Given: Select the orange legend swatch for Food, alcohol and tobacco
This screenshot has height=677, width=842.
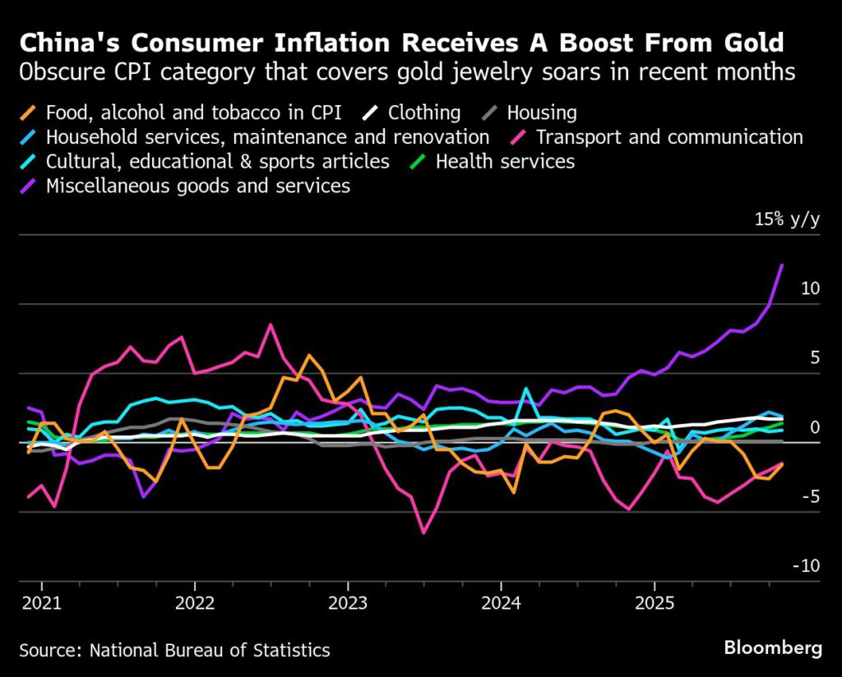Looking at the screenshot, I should click(x=30, y=113).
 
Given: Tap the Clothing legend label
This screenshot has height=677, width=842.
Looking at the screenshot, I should click(x=424, y=113).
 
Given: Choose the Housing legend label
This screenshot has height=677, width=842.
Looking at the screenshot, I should click(x=542, y=113).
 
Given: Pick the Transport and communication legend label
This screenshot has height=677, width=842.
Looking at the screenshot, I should click(x=669, y=137).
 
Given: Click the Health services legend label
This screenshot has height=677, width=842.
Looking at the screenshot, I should click(x=505, y=161).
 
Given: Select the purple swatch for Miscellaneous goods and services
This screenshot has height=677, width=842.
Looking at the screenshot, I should click(x=30, y=186).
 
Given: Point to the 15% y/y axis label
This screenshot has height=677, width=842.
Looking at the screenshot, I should click(x=787, y=219).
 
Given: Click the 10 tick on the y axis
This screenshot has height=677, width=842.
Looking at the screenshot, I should click(x=809, y=288).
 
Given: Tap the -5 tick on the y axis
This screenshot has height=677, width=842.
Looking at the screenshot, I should click(x=809, y=496).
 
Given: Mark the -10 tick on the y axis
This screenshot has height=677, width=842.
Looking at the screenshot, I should click(x=807, y=566).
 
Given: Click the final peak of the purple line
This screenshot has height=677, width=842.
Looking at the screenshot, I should click(x=781, y=265).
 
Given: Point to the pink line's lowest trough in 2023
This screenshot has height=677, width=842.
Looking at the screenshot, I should click(x=423, y=532).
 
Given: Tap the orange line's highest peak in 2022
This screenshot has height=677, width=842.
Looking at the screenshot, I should click(x=308, y=356).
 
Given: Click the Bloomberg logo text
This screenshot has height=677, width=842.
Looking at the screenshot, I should click(x=772, y=648).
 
